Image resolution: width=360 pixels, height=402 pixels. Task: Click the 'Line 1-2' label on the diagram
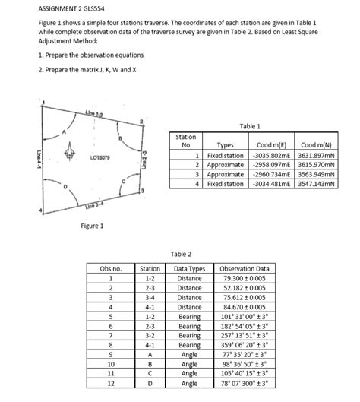pos(95,112)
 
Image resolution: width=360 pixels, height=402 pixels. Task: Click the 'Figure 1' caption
pos(92,225)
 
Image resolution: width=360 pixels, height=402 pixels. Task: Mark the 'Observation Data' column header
pos(244,268)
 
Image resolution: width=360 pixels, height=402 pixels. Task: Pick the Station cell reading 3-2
pos(149,334)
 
